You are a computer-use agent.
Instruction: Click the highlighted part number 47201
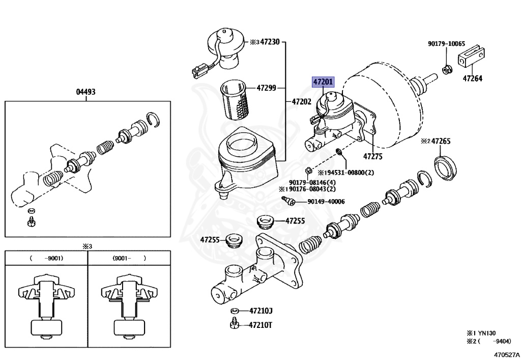[323, 81]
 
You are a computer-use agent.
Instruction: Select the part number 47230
[270, 42]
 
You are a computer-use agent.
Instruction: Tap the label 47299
[267, 88]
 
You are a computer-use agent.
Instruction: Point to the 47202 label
[301, 102]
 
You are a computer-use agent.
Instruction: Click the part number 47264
[473, 78]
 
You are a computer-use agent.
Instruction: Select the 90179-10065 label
[446, 44]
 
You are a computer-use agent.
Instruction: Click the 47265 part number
[441, 141]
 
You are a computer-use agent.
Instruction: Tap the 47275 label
[373, 156]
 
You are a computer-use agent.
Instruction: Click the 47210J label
[261, 311]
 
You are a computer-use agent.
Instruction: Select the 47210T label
[260, 325]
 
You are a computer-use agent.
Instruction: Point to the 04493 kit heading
[85, 92]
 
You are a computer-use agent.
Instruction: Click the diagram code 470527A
[506, 355]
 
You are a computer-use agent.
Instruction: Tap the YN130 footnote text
[487, 333]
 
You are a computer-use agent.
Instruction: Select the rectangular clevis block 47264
[471, 56]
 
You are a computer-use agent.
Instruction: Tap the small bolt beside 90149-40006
[288, 201]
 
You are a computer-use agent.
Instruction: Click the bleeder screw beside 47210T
[235, 323]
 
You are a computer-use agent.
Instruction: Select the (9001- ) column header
[129, 258]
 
